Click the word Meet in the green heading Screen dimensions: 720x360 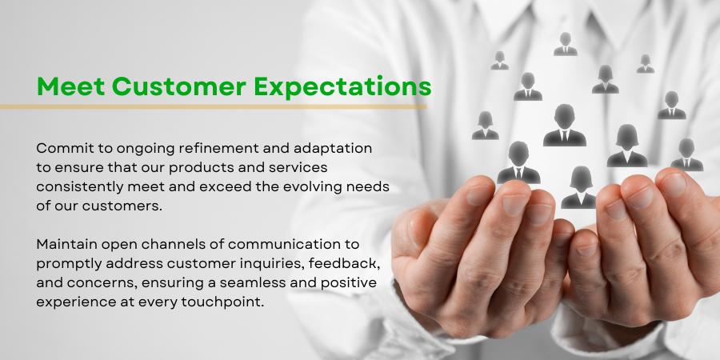point(70,86)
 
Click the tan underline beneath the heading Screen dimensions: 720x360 point(213,107)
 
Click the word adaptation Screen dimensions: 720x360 point(333,148)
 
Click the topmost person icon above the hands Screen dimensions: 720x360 point(566,44)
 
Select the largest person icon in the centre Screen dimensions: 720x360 point(564,126)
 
